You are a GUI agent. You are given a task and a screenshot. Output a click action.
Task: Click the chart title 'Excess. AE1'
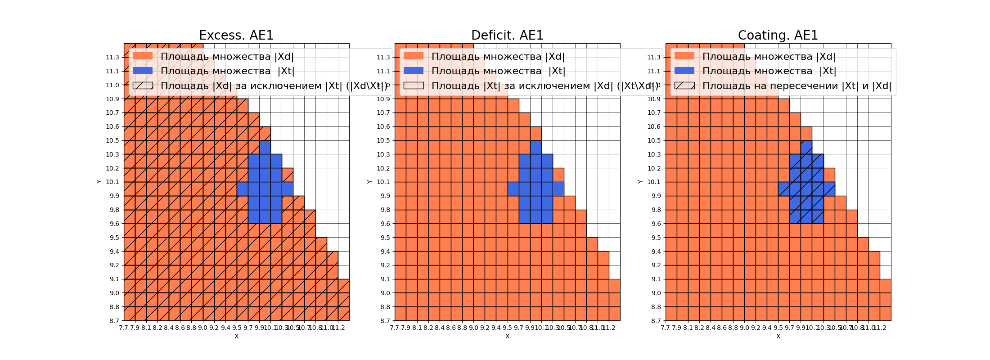click(236, 35)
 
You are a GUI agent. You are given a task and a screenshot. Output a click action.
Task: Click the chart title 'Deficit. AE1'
click(507, 35)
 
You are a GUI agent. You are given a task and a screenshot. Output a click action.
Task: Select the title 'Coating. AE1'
click(778, 35)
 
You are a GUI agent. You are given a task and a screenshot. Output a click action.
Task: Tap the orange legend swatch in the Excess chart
click(143, 56)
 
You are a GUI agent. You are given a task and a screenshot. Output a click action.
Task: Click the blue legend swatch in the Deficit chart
click(414, 71)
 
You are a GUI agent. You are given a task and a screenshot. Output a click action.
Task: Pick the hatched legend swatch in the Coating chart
click(684, 85)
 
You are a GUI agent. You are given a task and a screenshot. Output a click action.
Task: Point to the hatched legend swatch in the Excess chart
click(143, 85)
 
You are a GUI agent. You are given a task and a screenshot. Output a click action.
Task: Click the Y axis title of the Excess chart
click(99, 182)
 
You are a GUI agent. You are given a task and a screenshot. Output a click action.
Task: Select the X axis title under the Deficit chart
click(507, 336)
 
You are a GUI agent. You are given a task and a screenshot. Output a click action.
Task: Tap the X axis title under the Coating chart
click(778, 336)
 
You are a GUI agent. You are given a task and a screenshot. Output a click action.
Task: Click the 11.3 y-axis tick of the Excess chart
click(112, 57)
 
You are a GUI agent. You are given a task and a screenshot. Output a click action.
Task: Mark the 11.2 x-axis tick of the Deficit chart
click(609, 328)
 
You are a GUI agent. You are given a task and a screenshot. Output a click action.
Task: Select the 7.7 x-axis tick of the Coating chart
click(666, 328)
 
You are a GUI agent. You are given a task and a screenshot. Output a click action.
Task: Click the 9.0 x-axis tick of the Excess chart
click(203, 328)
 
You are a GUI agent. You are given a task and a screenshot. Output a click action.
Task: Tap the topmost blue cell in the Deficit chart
click(536, 147)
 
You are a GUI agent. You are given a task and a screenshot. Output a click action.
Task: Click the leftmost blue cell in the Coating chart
click(784, 189)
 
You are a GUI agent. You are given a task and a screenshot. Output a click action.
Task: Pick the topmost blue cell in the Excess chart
click(265, 147)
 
